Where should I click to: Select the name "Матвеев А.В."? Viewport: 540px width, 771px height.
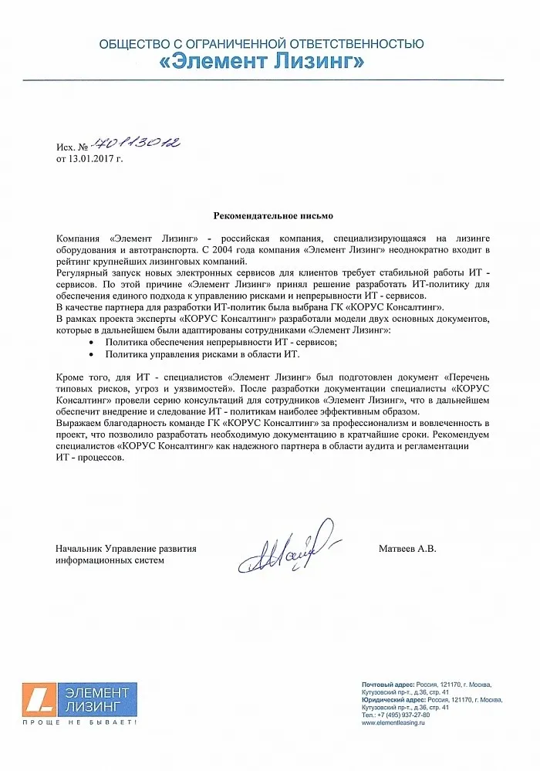(407, 549)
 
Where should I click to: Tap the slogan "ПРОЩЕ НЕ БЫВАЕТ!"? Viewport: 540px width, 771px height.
(79, 723)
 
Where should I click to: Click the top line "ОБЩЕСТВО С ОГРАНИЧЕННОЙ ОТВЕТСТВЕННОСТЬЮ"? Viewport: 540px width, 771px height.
(262, 43)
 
